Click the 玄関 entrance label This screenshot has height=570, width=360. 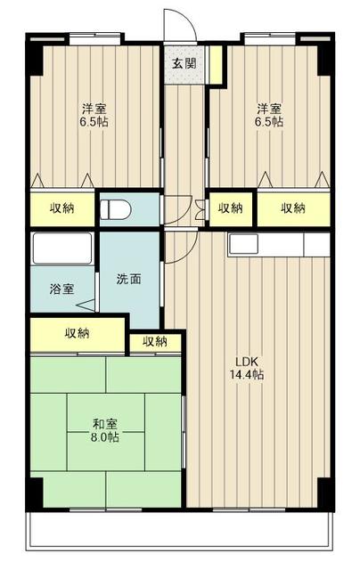pyautogui.click(x=184, y=63)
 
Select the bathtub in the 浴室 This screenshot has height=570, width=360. pyautogui.click(x=62, y=248)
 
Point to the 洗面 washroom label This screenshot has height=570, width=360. pyautogui.click(x=128, y=278)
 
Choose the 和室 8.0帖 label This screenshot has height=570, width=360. pyautogui.click(x=105, y=430)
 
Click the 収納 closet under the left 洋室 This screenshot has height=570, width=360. pyautogui.click(x=61, y=208)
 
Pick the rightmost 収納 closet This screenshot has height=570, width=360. pyautogui.click(x=293, y=208)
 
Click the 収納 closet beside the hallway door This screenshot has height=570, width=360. pyautogui.click(x=230, y=208)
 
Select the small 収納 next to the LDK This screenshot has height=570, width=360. pyautogui.click(x=154, y=340)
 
